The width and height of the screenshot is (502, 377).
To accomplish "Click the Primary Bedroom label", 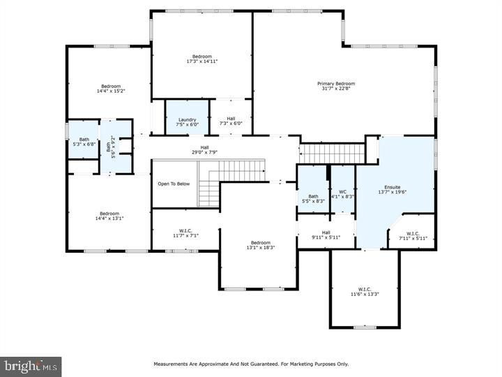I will tap(331, 83).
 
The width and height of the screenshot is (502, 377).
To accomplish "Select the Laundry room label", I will tap(187, 119).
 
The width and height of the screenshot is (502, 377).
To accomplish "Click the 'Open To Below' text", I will tap(174, 184).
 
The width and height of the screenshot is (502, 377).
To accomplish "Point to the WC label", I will tap(342, 191).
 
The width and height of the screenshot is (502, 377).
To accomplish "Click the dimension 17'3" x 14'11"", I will tap(202, 61).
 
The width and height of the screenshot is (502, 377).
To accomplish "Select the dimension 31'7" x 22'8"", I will tap(331, 89).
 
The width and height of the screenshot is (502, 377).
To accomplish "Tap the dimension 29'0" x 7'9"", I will tap(205, 152).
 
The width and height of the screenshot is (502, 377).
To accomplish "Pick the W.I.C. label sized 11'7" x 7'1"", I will tap(185, 230).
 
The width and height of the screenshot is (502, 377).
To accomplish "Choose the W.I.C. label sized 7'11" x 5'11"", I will tap(413, 232).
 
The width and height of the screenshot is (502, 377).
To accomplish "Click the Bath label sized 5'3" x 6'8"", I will tap(84, 139).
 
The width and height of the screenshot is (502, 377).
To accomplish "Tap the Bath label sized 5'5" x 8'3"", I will tap(314, 196).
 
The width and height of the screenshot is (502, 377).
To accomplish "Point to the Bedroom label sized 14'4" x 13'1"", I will tap(109, 214).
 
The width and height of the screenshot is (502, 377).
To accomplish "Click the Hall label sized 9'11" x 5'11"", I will tap(326, 232).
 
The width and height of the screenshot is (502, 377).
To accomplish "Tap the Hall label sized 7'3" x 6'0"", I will tap(231, 119).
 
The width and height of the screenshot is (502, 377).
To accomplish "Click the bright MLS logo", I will tap(31, 366).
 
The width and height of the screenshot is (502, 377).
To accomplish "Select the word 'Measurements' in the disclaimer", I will tap(169, 364).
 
